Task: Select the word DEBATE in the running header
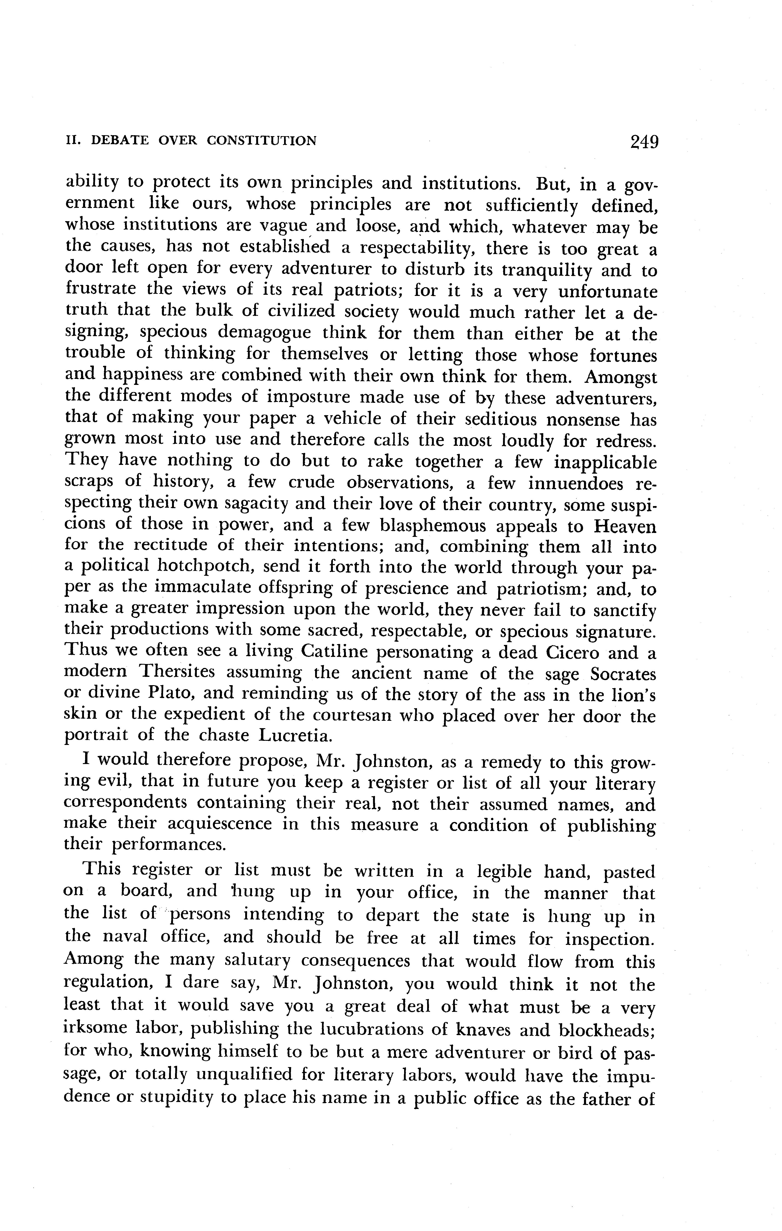(x=121, y=140)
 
